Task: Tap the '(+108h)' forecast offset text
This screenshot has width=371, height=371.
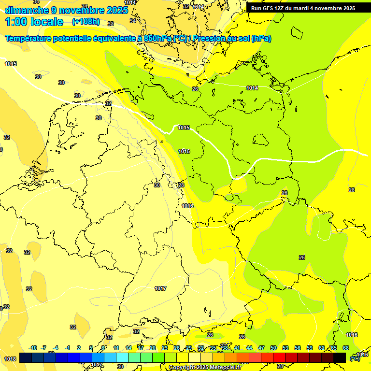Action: pyautogui.click(x=86, y=21)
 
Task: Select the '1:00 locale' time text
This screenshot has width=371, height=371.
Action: pyautogui.click(x=34, y=22)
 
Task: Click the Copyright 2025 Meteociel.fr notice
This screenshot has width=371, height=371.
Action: pyautogui.click(x=205, y=368)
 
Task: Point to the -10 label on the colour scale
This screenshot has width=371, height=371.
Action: pyautogui.click(x=33, y=348)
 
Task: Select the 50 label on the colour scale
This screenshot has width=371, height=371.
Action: pyautogui.click(x=273, y=348)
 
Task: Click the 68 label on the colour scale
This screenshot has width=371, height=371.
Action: pyautogui.click(x=346, y=348)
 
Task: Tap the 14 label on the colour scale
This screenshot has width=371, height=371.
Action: pyautogui.click(x=128, y=348)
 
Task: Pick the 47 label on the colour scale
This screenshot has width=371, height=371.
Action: pyautogui.click(x=261, y=348)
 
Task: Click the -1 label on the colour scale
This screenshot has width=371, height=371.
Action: pyautogui.click(x=68, y=348)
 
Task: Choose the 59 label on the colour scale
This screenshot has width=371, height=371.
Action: pyautogui.click(x=310, y=348)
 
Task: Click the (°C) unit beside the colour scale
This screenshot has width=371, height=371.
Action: pyautogui.click(x=355, y=358)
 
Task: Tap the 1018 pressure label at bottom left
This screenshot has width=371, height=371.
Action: pyautogui.click(x=10, y=359)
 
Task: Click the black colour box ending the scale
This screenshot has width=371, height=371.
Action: pyautogui.click(x=340, y=357)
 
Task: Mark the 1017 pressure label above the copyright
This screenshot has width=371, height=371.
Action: pyautogui.click(x=97, y=364)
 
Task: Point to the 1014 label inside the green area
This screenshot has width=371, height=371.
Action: pyautogui.click(x=252, y=88)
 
